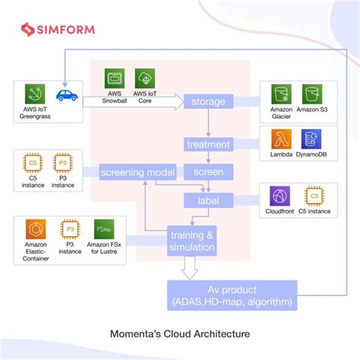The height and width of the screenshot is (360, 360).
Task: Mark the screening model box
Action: click(x=138, y=172)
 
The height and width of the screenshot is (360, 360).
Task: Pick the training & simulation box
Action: click(x=192, y=241)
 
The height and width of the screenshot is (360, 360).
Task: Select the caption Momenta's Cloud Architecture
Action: click(x=179, y=333)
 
